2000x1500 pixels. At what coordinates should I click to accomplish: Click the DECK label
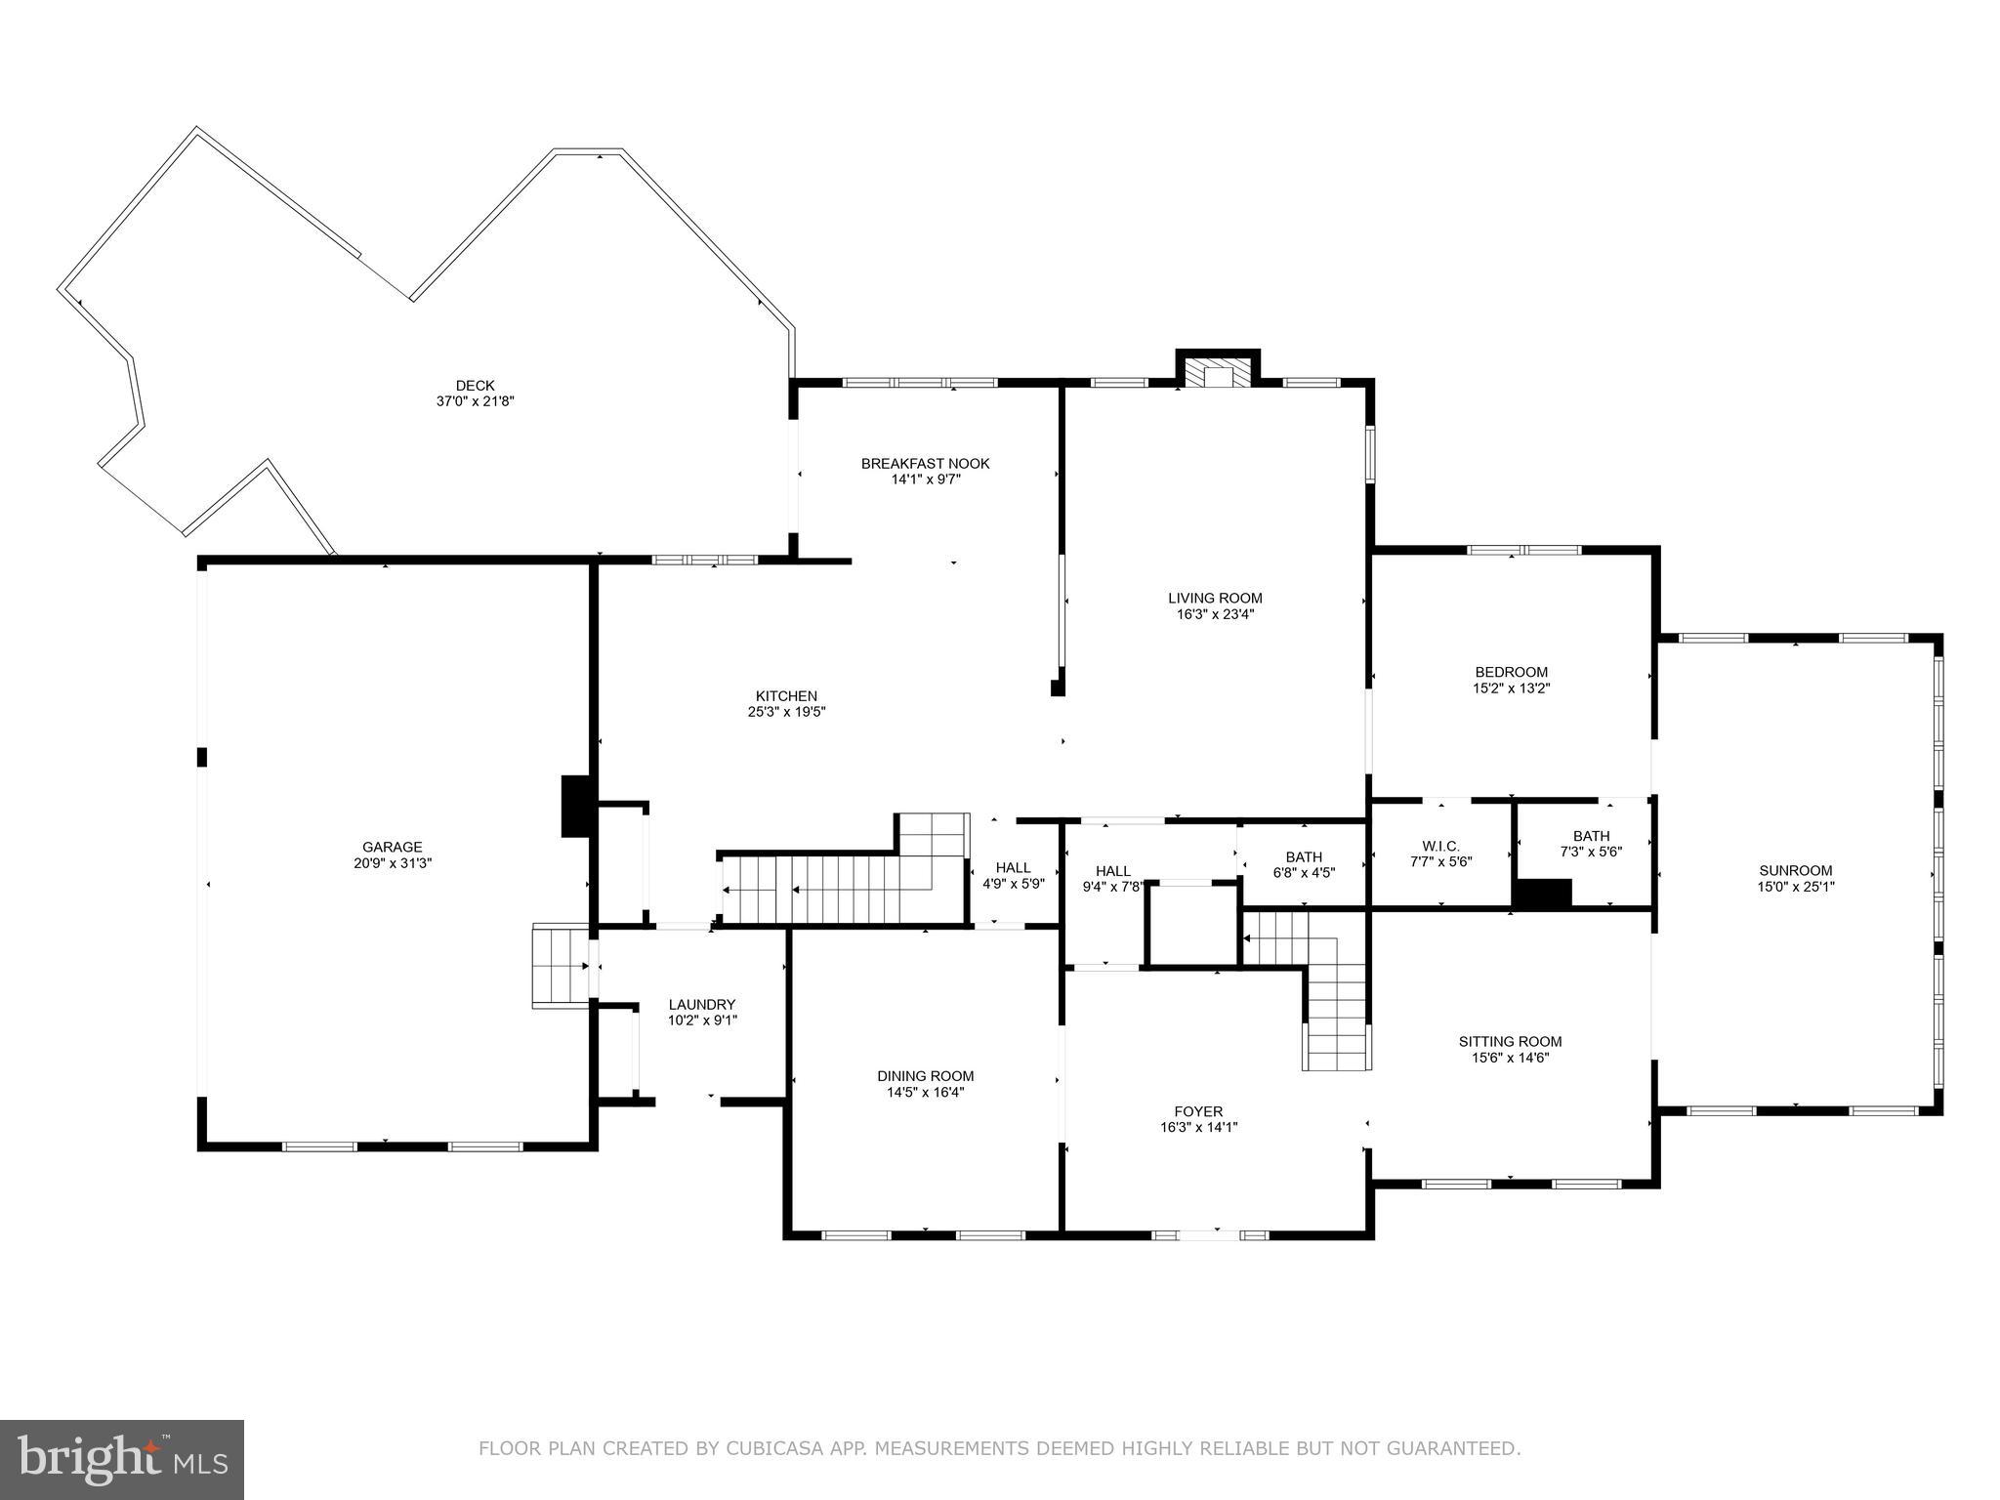pos(475,386)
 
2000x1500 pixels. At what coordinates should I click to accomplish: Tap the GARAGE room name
pos(393,847)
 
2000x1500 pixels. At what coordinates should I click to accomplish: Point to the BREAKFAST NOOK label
pos(925,463)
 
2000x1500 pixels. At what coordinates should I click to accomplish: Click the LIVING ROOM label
pos(1215,598)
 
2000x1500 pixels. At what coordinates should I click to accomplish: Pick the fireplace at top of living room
pos(1217,373)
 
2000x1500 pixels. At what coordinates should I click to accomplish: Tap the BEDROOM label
pos(1511,672)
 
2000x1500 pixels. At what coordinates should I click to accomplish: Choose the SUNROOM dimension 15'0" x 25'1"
pos(1795,887)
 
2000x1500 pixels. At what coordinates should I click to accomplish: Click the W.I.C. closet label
pos(1440,846)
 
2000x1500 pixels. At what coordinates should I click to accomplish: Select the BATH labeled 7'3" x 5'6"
pos(1591,844)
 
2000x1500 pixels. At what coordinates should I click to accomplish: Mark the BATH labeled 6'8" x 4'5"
pos(1304,864)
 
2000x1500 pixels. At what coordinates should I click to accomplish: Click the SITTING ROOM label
pos(1510,1041)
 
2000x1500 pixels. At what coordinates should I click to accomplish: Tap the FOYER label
pos(1198,1111)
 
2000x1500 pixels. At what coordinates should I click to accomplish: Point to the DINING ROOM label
pos(925,1076)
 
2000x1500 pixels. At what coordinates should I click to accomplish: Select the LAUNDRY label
pos(701,1004)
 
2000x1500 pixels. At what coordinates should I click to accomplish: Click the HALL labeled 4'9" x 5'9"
pos(1013,875)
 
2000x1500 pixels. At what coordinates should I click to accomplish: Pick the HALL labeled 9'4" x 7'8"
pos(1112,879)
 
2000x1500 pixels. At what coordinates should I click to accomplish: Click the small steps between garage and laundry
pos(559,965)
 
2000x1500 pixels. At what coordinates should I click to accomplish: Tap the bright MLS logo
pos(122,1459)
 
